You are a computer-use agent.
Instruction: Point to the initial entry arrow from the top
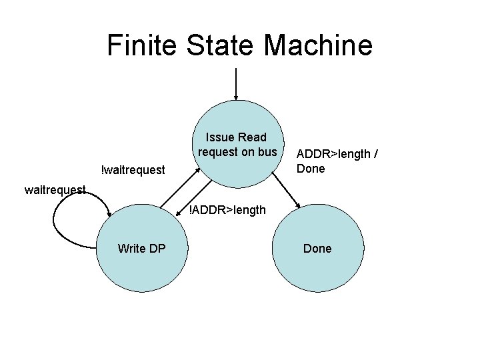pyautogui.click(x=236, y=83)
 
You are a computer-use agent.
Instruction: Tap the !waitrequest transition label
pyautogui.click(x=132, y=171)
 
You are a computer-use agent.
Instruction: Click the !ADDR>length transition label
pyautogui.click(x=227, y=211)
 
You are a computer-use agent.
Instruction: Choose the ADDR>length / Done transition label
pyautogui.click(x=338, y=161)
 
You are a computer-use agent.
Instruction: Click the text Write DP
pyautogui.click(x=142, y=249)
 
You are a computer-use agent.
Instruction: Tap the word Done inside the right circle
pyautogui.click(x=317, y=249)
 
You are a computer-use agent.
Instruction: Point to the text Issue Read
pyautogui.click(x=237, y=137)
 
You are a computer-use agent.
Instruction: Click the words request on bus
pyautogui.click(x=237, y=152)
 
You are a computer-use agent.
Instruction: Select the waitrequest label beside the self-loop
pyautogui.click(x=55, y=190)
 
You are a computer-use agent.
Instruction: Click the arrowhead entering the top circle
pyautogui.click(x=236, y=97)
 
